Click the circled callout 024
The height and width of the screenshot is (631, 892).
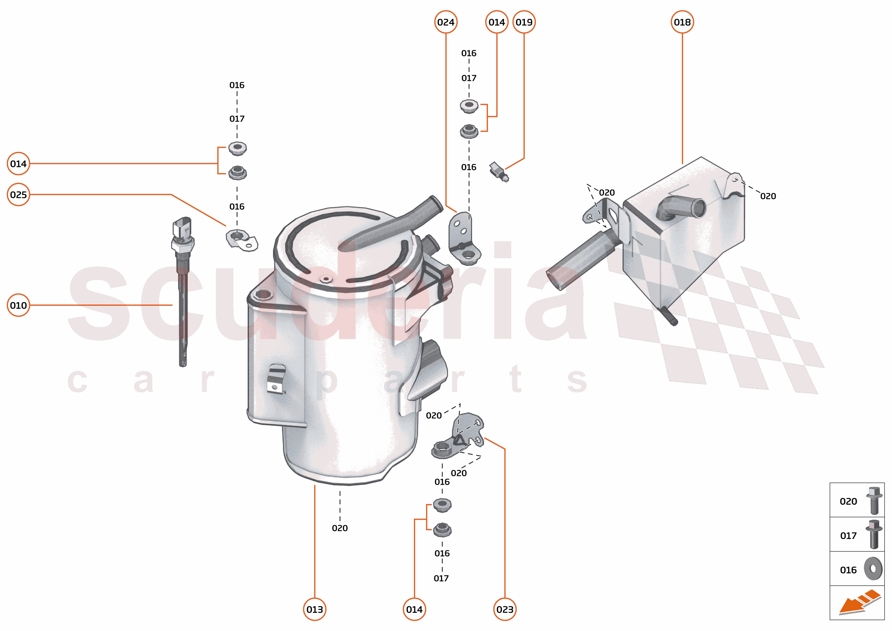pyautogui.click(x=445, y=22)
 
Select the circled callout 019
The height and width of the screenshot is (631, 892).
pyautogui.click(x=523, y=22)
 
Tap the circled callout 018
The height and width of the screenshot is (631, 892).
pyautogui.click(x=682, y=22)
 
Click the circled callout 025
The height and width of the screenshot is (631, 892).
pyautogui.click(x=18, y=195)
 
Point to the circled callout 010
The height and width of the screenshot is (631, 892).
pyautogui.click(x=18, y=305)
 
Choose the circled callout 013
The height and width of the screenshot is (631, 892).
pyautogui.click(x=314, y=609)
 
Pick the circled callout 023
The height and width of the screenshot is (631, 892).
pyautogui.click(x=505, y=609)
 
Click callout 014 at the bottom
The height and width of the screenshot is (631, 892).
pyautogui.click(x=414, y=609)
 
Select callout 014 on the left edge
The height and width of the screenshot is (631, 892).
pyautogui.click(x=18, y=164)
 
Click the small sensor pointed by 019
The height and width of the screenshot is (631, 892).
pyautogui.click(x=499, y=171)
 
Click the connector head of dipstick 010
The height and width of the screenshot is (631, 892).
pyautogui.click(x=182, y=229)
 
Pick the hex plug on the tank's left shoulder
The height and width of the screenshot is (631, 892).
pyautogui.click(x=263, y=294)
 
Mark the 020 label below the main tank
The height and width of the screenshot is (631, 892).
pyautogui.click(x=340, y=528)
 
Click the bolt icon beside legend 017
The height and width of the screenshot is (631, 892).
pyautogui.click(x=874, y=535)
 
